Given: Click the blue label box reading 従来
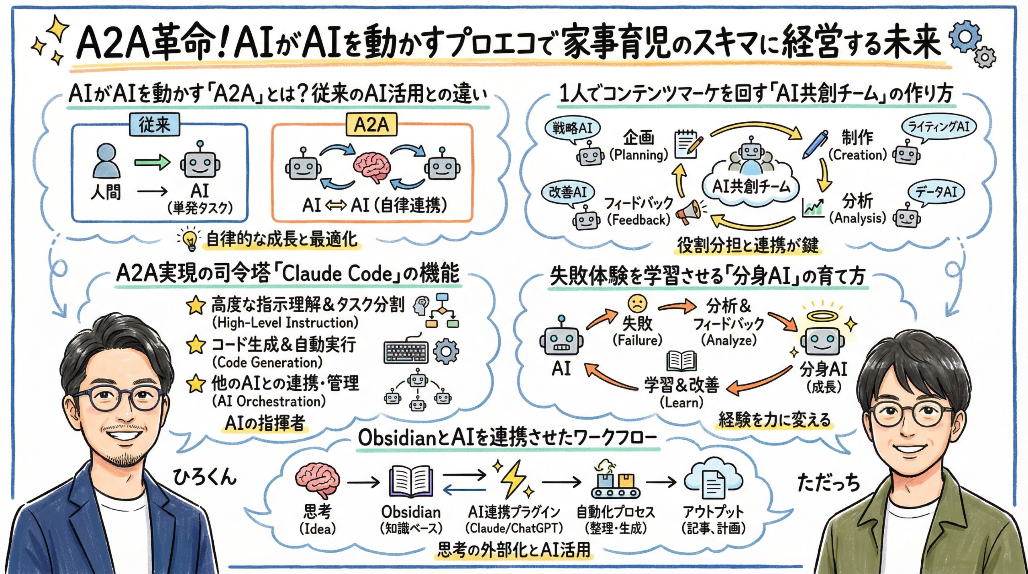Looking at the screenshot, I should pos(155,125).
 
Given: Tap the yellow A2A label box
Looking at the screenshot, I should pos(371,125).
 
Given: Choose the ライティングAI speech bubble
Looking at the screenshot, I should pos(938,127).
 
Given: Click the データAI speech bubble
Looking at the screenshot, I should pos(936,192).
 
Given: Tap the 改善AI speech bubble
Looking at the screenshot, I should pos(568,192).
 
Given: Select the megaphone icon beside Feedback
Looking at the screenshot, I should pos(688,212).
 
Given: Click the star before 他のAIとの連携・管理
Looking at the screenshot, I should pos(196,384).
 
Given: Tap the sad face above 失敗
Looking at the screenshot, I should pos(637,304).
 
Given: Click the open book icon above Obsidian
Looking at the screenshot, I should pos(411,482).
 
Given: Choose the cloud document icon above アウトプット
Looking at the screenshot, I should pos(713,481).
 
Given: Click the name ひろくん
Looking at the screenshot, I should pos(204,477).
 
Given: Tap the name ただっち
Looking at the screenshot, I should pos(828,482).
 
